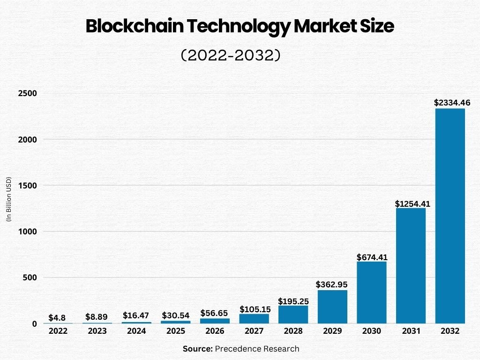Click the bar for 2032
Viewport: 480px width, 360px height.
(x=450, y=216)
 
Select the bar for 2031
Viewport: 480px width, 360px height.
(x=411, y=266)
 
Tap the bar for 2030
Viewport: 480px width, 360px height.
(x=372, y=292)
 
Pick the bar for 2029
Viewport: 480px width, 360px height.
(x=332, y=307)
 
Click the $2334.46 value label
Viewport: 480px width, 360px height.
(x=452, y=102)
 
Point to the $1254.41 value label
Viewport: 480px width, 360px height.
(x=412, y=204)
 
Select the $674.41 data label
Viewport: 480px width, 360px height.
(x=372, y=257)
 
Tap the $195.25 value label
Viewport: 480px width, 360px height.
(x=294, y=301)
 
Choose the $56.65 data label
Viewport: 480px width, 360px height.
(x=215, y=313)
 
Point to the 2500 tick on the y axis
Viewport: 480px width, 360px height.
(x=28, y=93)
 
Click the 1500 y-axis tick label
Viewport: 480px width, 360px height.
(x=28, y=186)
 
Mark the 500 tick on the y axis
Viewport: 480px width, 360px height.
(x=30, y=277)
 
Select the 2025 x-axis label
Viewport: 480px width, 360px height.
(x=175, y=331)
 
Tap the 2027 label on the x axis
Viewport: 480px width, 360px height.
(x=254, y=331)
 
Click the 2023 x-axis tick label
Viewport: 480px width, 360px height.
(x=97, y=331)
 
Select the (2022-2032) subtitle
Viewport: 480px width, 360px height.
(x=231, y=55)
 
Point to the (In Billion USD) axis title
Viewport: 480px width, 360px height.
(x=8, y=200)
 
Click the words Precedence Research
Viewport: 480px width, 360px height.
(x=257, y=349)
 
